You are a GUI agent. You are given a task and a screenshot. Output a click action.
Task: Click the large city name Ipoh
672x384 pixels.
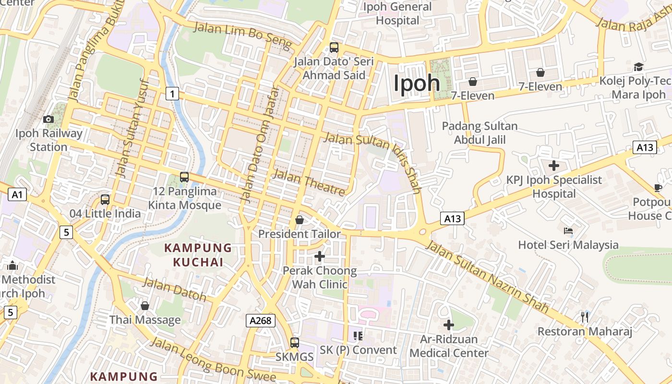(417, 83)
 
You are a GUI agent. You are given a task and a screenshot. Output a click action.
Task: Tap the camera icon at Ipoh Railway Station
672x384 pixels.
(48, 119)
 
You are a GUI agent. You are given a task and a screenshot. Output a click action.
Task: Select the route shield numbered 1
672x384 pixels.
(172, 94)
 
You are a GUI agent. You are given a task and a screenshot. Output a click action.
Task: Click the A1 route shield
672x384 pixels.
(17, 194)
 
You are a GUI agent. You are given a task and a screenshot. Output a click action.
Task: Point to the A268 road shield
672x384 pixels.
(261, 320)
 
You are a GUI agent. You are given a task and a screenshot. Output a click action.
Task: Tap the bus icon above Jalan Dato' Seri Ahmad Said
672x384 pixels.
(334, 48)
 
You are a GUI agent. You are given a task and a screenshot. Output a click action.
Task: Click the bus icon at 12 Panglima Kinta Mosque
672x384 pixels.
(184, 177)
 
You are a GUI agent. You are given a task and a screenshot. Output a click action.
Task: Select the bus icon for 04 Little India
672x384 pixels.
(105, 199)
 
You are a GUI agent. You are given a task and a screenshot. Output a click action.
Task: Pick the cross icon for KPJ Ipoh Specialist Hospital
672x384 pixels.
(554, 166)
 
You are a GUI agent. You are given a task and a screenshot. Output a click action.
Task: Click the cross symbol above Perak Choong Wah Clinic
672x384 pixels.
(320, 256)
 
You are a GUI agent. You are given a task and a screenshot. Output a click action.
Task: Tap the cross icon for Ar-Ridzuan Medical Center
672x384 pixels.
(449, 325)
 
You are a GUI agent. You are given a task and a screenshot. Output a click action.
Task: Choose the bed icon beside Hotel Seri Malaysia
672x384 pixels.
(568, 231)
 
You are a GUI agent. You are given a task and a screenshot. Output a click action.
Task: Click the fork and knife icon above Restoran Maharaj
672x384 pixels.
(585, 317)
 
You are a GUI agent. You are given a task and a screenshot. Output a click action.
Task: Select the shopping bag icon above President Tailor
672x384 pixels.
(300, 220)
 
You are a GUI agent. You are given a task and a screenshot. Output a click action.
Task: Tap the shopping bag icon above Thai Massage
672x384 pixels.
(145, 306)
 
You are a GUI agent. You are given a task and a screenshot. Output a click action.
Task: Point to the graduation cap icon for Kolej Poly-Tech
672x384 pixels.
(638, 67)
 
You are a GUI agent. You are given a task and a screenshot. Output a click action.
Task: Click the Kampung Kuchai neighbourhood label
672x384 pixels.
(198, 255)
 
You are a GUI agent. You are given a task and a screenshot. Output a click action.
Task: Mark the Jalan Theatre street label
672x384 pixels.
(309, 182)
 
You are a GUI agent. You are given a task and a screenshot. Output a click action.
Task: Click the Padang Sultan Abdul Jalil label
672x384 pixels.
(480, 133)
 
